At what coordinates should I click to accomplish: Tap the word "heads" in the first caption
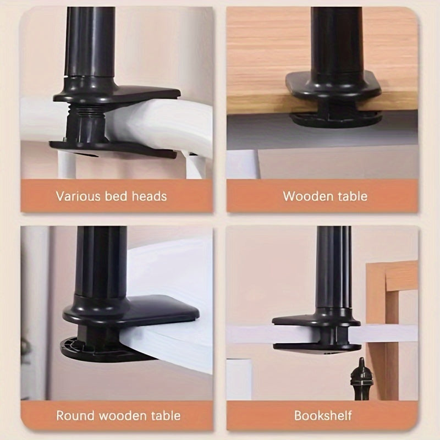coord(147,196)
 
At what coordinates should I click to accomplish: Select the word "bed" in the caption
coord(116,196)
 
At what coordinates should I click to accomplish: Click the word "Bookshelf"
coord(323,415)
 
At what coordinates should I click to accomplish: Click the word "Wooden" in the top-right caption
coord(306,196)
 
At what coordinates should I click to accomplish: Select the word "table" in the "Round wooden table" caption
coord(164,415)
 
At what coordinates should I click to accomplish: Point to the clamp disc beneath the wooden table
coord(335,118)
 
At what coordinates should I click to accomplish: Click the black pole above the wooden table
coord(333,38)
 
